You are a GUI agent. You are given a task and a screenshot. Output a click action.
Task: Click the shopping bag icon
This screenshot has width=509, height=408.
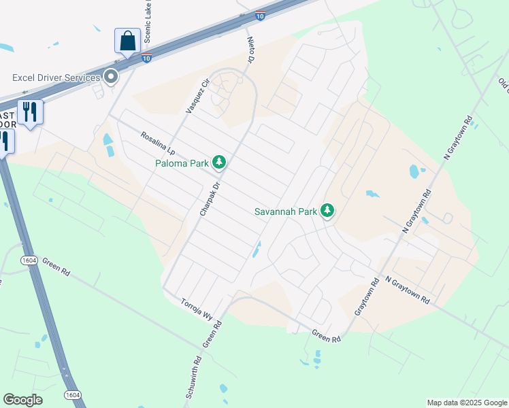[x=127, y=41]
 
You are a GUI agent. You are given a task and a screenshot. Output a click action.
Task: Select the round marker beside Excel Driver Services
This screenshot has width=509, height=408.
[x=110, y=77]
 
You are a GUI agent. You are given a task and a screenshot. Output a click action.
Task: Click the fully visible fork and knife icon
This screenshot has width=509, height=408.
[x=29, y=112]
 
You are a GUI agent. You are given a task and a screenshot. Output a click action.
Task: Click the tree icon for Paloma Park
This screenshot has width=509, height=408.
[x=219, y=162]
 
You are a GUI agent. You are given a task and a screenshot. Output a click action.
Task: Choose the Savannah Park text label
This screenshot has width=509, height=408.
[x=286, y=211]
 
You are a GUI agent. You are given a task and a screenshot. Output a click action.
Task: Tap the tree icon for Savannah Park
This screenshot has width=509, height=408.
[x=328, y=210]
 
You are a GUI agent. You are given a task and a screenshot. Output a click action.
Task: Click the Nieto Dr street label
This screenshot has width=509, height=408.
[x=249, y=50]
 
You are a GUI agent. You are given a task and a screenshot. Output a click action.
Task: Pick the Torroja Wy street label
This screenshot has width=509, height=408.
[x=197, y=311]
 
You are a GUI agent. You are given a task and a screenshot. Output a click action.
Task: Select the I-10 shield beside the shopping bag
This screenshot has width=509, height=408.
[x=146, y=58]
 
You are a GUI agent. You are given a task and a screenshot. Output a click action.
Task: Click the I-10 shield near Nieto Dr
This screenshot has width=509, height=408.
[x=260, y=15]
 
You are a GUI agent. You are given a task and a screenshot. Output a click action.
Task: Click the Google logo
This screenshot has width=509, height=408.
[x=22, y=400]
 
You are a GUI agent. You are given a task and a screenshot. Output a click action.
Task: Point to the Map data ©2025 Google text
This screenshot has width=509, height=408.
[x=466, y=403]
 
